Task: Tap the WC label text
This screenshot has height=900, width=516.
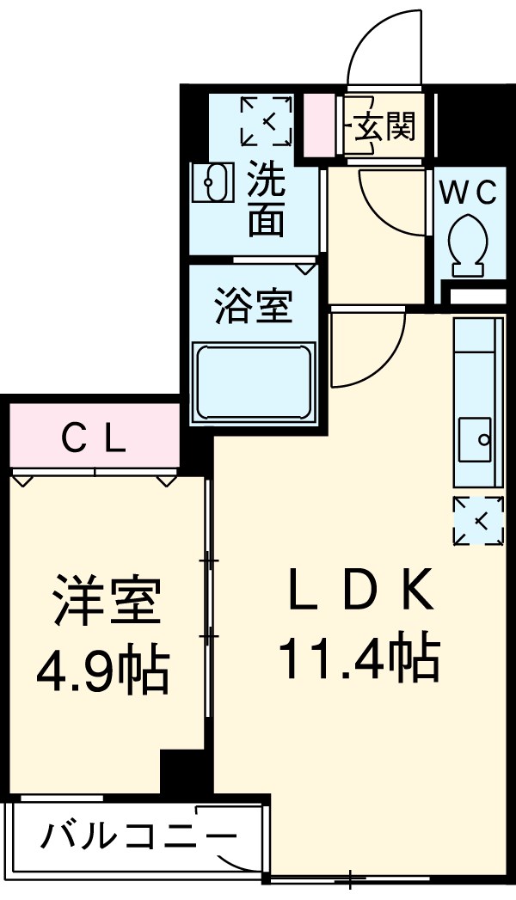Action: pos(469,194)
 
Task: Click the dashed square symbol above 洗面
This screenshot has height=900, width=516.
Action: pos(267,121)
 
